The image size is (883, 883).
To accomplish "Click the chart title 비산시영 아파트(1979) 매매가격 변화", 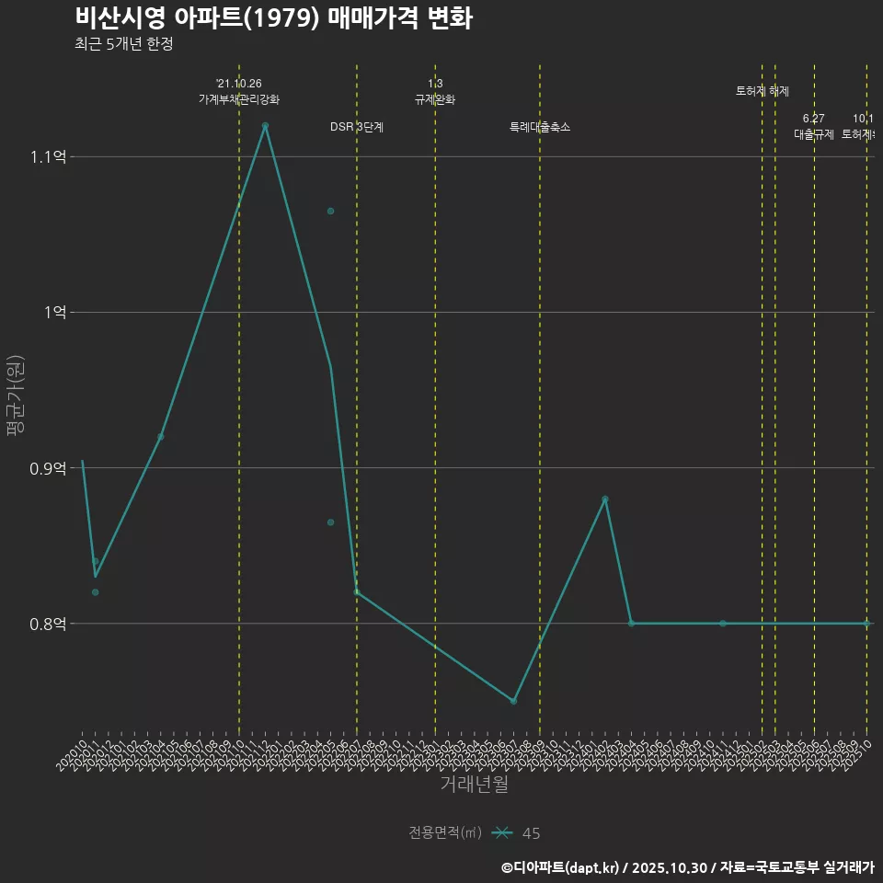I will point(273,17).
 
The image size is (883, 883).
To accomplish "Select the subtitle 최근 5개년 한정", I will point(124,44).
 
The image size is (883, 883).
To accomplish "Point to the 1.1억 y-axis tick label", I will point(48,157).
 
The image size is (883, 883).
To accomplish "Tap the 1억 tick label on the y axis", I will point(54,313).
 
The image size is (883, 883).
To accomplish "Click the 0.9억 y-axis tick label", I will point(48,468).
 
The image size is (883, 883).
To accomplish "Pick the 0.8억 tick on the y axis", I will point(48,624).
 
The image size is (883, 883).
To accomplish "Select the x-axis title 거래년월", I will point(474,785).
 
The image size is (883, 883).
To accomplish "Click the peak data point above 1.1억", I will point(265,125).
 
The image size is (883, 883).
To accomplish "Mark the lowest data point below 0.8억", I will point(513,701).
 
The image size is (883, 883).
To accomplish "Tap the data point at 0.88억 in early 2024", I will point(605,499).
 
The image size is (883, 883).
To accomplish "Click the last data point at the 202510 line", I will point(866,624).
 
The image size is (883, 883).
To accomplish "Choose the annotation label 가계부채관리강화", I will point(239,99).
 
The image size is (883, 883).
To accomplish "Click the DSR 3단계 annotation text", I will point(357,127).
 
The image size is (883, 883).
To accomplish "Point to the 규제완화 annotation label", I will point(435,99).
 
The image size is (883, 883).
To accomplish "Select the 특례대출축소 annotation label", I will point(540,127).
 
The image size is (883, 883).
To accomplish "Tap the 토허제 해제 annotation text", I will point(763,91).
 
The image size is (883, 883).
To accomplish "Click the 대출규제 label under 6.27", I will point(814,134).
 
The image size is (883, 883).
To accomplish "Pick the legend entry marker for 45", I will point(502,833).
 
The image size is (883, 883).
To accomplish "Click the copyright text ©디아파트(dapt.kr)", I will point(560,867).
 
